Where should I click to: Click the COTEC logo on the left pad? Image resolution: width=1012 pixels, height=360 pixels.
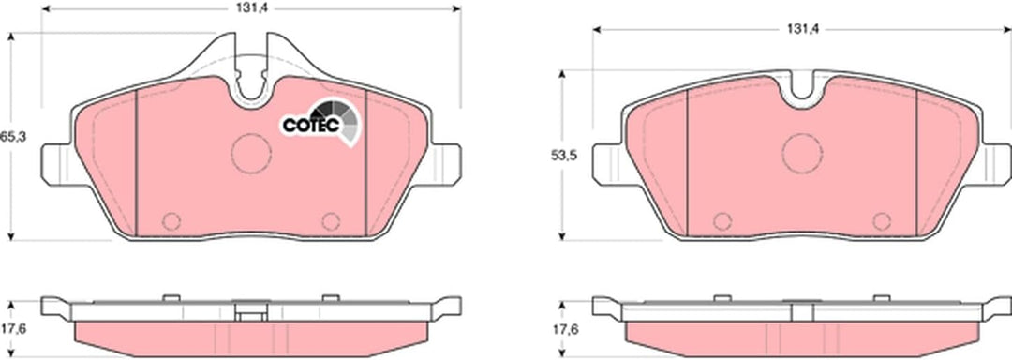click(x=320, y=123)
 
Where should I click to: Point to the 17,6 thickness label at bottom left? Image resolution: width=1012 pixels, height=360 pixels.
click(x=13, y=329)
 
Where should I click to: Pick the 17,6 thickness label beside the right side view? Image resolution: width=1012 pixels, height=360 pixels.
click(x=565, y=329)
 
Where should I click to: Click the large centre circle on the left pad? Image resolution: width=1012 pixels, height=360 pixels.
click(x=251, y=154)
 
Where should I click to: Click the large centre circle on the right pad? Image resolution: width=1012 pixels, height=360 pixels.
click(x=802, y=154)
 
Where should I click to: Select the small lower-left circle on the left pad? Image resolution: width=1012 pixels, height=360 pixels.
click(x=171, y=221)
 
